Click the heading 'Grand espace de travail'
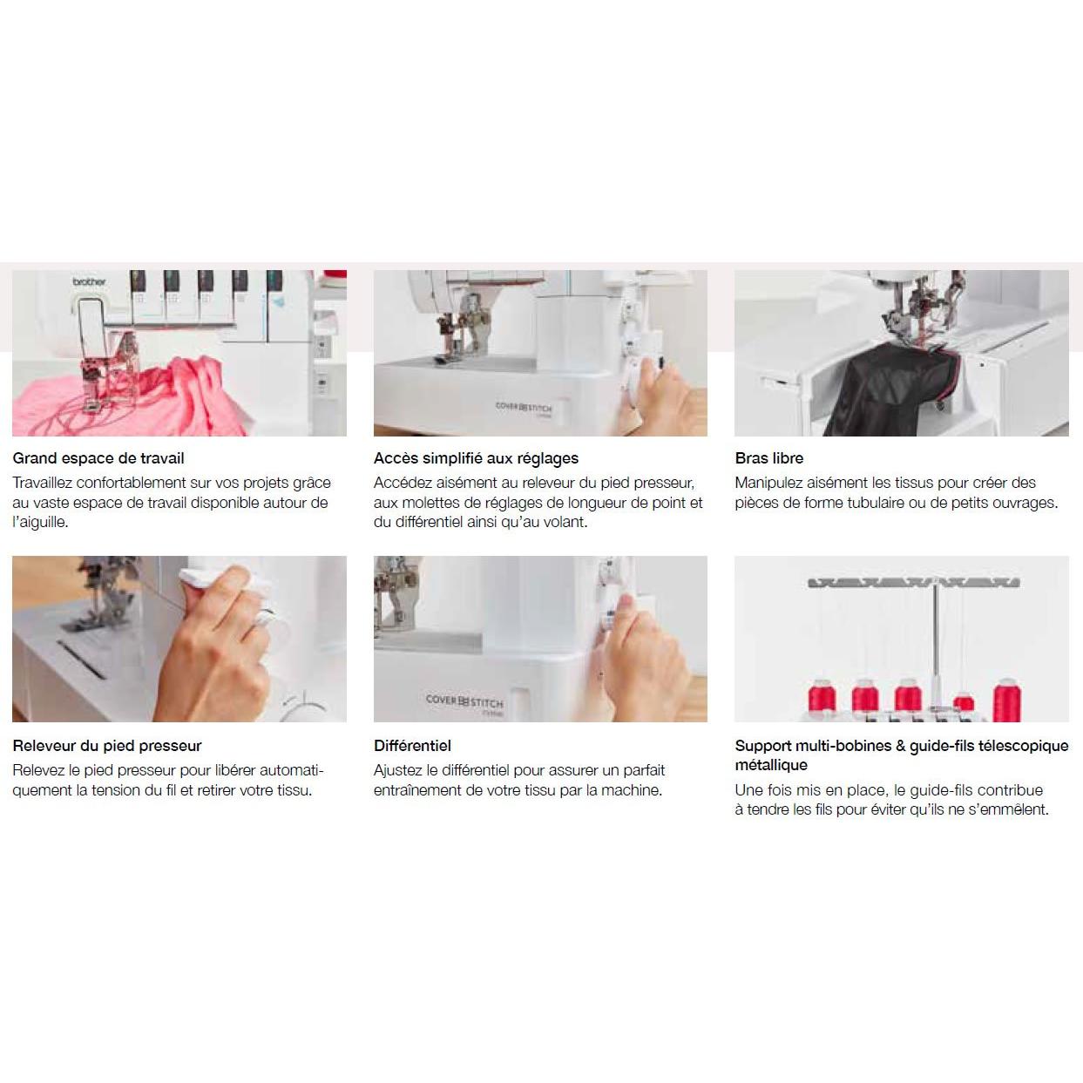(x=98, y=458)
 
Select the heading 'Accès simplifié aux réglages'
(x=476, y=458)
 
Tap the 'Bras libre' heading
(x=768, y=458)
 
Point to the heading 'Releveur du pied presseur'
(x=107, y=746)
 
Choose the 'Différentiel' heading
(x=412, y=746)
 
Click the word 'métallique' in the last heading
(x=771, y=765)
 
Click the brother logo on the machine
(x=90, y=281)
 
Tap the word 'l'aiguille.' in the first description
(x=40, y=522)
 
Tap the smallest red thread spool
(x=964, y=703)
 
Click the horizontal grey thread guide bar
(x=913, y=583)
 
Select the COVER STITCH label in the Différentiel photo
(x=464, y=701)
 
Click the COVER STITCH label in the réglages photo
(x=524, y=406)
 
